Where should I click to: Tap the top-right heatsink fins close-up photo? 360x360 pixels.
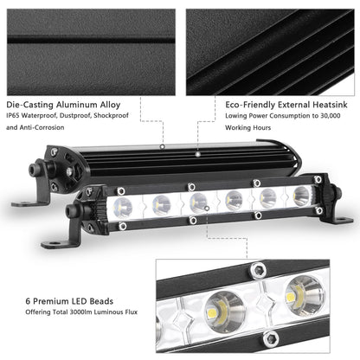pos(270,43)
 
